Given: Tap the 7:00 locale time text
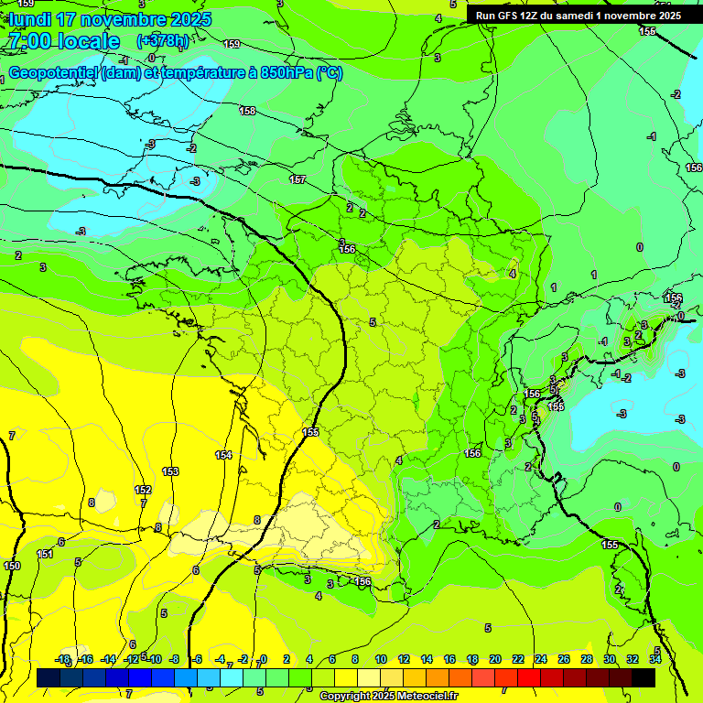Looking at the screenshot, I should click(64, 41).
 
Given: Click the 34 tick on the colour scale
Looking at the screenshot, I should click(655, 659).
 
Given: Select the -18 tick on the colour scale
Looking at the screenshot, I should click(62, 659).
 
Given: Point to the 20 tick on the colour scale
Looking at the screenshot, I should click(495, 659).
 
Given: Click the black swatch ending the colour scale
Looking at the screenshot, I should click(644, 677).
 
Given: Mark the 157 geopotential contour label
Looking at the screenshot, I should click(297, 179).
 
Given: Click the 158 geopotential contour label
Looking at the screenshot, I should click(247, 111).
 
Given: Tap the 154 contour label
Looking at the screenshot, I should click(223, 455).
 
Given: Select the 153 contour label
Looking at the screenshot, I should click(170, 471).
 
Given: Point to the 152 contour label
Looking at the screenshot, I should click(143, 490).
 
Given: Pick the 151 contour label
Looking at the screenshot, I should click(45, 554).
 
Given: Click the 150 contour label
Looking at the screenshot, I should click(11, 567).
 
